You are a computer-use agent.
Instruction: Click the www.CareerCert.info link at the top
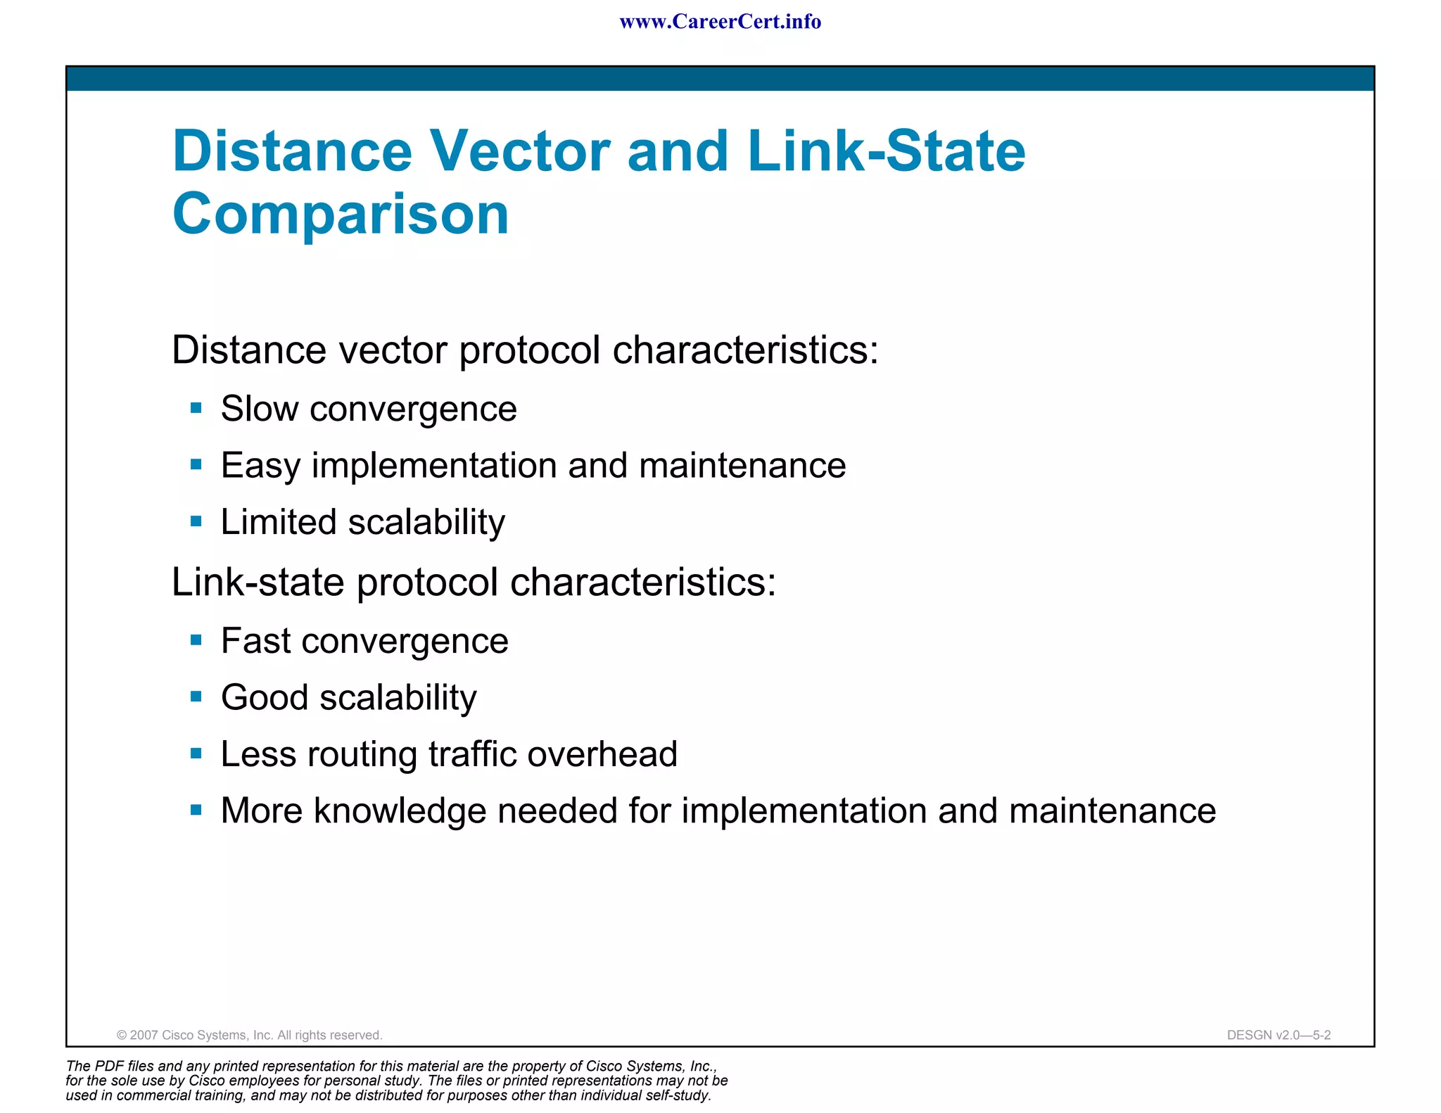pyautogui.click(x=720, y=22)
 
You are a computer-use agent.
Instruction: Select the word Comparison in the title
pyautogui.click(x=341, y=214)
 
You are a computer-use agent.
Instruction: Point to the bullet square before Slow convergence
pyautogui.click(x=196, y=408)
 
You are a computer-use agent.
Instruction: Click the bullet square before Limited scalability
pyautogui.click(x=196, y=522)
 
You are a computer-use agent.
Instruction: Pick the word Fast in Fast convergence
pyautogui.click(x=255, y=641)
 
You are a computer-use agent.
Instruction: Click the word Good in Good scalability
pyautogui.click(x=265, y=698)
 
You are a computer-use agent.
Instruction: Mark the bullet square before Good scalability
pyautogui.click(x=196, y=697)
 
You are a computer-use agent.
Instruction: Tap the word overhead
pyautogui.click(x=602, y=754)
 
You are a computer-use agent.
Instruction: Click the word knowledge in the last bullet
pyautogui.click(x=400, y=811)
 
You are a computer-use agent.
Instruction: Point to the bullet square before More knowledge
pyautogui.click(x=196, y=810)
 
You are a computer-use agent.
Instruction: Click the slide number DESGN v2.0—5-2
pyautogui.click(x=1278, y=1035)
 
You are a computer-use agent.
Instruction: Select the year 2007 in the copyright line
pyautogui.click(x=144, y=1035)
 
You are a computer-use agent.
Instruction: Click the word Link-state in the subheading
pyautogui.click(x=258, y=583)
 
